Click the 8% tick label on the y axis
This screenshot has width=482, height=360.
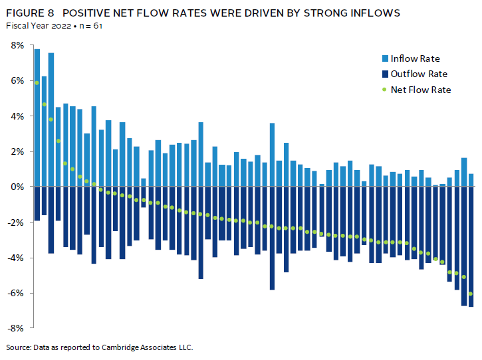pyautogui.click(x=17, y=45)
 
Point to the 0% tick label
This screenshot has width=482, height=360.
pyautogui.click(x=17, y=187)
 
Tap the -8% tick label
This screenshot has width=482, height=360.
pyautogui.click(x=16, y=328)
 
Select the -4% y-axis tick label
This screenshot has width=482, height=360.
pyautogui.click(x=16, y=258)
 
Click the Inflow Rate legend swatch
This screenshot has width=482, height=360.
pyautogui.click(x=384, y=59)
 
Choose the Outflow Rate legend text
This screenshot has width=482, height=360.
pyautogui.click(x=419, y=74)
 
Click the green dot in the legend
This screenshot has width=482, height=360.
pyautogui.click(x=384, y=89)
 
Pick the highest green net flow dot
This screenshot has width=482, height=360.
pyautogui.click(x=37, y=83)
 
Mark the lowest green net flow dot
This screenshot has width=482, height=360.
pyautogui.click(x=471, y=294)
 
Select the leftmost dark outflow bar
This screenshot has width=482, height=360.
pyautogui.click(x=37, y=203)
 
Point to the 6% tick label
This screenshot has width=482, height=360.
pyautogui.click(x=17, y=80)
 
